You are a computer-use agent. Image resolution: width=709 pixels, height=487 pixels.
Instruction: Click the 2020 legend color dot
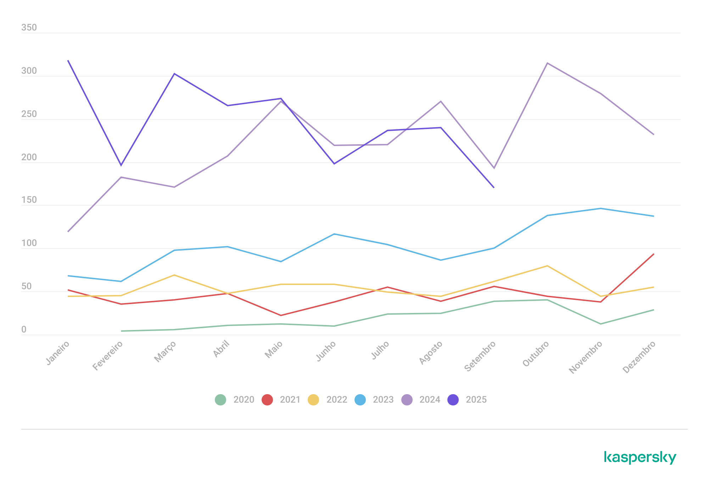point(220,400)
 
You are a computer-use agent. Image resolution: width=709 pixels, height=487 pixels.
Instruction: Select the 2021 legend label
point(290,400)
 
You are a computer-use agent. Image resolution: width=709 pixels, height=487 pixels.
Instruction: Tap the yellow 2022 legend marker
point(313,400)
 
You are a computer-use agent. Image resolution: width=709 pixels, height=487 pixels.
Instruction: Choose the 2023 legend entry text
point(383,400)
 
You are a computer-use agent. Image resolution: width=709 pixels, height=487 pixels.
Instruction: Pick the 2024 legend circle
point(407,400)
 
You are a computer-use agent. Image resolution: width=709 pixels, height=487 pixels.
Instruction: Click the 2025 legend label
point(476,400)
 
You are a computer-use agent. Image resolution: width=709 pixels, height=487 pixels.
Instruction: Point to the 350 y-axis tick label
point(29,28)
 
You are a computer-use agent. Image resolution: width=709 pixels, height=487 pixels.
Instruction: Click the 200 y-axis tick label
point(29,157)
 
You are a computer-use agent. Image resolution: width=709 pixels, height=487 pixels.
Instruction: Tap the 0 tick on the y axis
point(24,330)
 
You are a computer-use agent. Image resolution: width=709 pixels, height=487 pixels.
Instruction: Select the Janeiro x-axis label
point(58,353)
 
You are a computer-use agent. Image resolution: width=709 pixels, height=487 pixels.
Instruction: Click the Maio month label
point(274,349)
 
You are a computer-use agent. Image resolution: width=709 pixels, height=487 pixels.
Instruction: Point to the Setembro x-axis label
point(480,356)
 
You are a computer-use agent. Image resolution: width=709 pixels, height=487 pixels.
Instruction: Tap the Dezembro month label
point(639,357)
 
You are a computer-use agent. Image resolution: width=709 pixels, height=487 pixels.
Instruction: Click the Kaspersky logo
point(640,458)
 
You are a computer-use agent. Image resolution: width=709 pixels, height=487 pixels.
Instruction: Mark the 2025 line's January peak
point(68,61)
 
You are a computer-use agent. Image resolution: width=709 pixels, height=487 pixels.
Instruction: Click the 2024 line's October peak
point(547,63)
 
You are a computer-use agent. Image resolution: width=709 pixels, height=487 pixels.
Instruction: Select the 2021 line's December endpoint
point(653,254)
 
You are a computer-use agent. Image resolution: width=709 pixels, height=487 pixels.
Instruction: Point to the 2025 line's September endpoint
point(493,187)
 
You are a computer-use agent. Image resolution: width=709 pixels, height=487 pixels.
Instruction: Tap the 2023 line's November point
point(601,208)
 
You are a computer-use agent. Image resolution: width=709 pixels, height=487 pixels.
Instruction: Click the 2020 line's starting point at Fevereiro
point(122,331)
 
